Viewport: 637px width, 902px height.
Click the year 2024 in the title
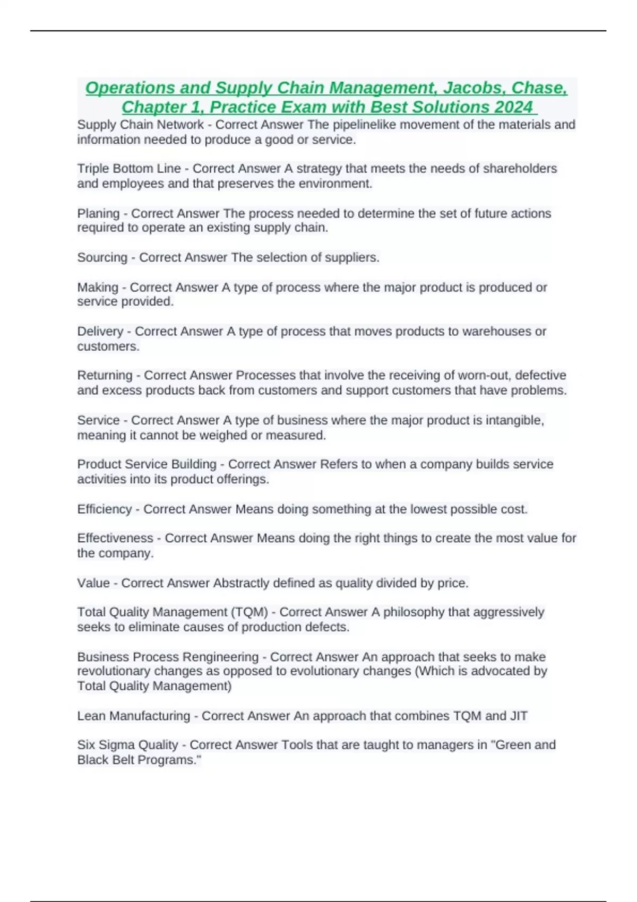(513, 107)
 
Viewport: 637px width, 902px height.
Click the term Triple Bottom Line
(129, 169)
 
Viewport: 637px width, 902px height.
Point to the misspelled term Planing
(98, 213)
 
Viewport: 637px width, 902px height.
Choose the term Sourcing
(102, 257)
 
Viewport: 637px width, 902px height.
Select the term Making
(98, 287)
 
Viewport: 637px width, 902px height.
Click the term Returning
(105, 375)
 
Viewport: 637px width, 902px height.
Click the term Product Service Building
(147, 464)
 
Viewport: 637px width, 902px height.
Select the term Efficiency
(104, 509)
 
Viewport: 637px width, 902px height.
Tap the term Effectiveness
(115, 538)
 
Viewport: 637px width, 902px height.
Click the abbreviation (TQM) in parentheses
(249, 612)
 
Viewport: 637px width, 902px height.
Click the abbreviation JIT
(519, 716)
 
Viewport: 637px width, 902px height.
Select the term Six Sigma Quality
(127, 745)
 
